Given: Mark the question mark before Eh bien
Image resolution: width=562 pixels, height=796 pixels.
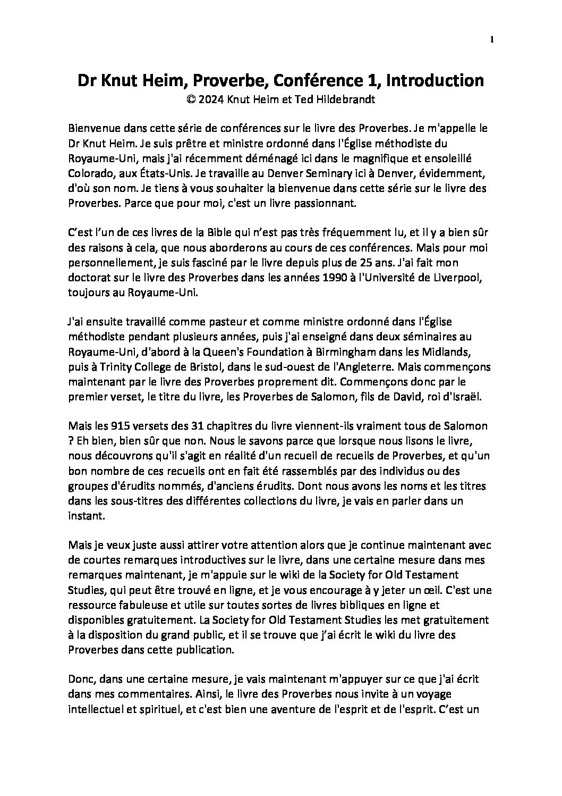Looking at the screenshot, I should (71, 442).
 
